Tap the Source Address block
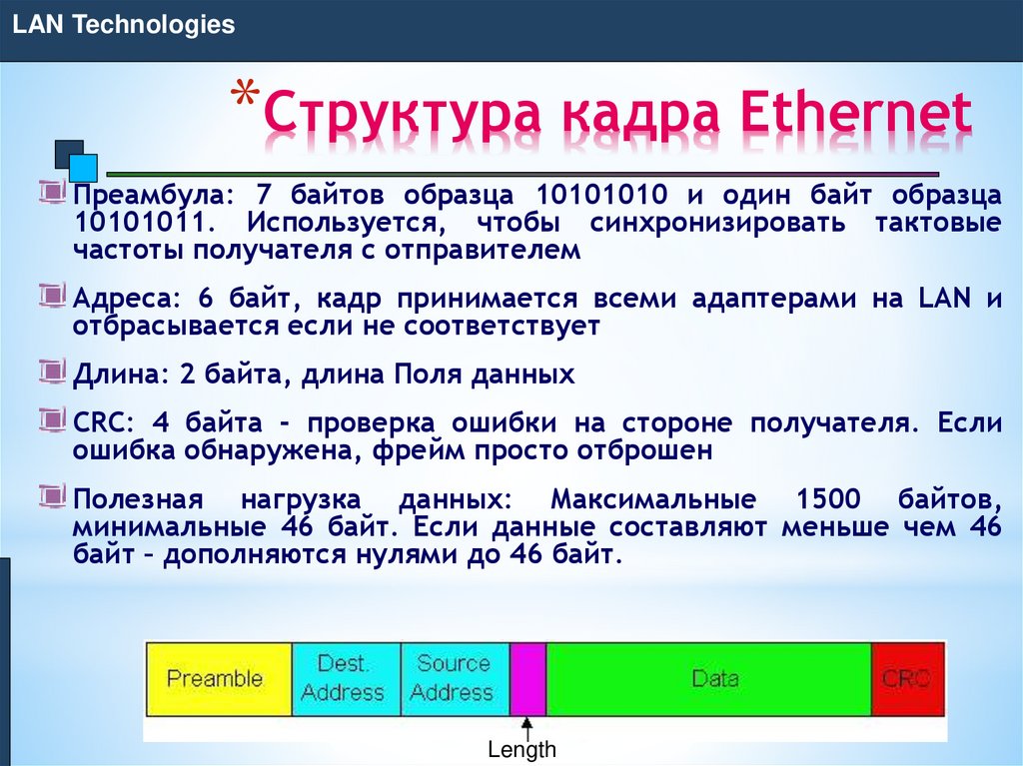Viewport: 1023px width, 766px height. [x=454, y=678]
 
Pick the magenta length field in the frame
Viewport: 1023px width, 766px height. [x=527, y=678]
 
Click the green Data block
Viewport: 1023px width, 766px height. [x=708, y=678]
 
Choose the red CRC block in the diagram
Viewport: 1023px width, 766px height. [x=907, y=678]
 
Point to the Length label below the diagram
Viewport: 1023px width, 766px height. [x=521, y=750]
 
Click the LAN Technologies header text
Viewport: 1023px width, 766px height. [x=123, y=25]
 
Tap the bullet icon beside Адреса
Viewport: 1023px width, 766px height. [x=54, y=295]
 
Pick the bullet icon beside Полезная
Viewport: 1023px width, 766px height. [x=54, y=494]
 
